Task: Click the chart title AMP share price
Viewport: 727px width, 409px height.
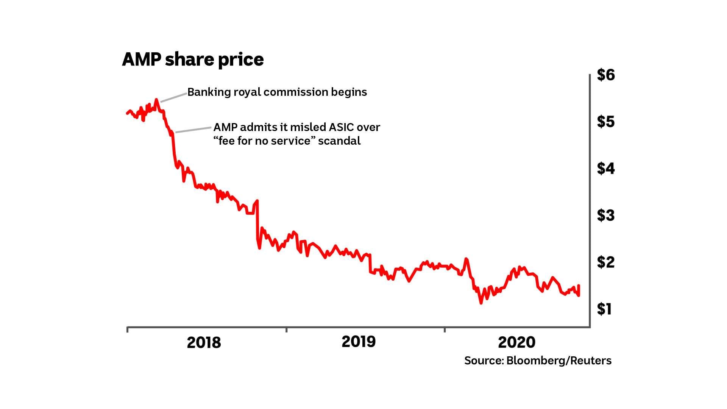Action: coord(193,59)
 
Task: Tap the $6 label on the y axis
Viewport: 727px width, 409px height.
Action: coord(606,75)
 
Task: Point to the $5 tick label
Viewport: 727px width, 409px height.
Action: coord(606,122)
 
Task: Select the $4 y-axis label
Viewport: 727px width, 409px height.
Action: coord(606,169)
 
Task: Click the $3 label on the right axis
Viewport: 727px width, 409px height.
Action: coord(606,215)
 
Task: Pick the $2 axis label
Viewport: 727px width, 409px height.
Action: coord(606,262)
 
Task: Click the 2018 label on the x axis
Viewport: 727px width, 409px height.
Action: coord(204,342)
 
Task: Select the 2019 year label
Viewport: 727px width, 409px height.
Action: coord(359,342)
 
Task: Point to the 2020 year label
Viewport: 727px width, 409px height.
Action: coord(516,342)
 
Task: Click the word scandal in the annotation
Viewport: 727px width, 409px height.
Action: coord(339,141)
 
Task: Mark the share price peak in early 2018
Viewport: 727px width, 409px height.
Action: coord(156,100)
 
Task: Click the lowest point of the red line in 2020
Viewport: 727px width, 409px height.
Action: coord(481,303)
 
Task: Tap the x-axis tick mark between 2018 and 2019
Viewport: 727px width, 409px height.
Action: coord(286,330)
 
